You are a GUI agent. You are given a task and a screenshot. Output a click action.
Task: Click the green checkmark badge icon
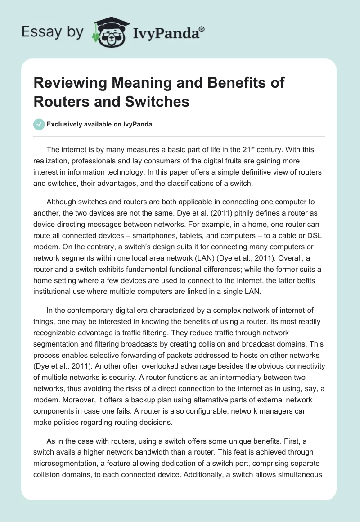pos(39,124)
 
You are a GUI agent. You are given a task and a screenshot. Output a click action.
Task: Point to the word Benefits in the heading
pos(240,83)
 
